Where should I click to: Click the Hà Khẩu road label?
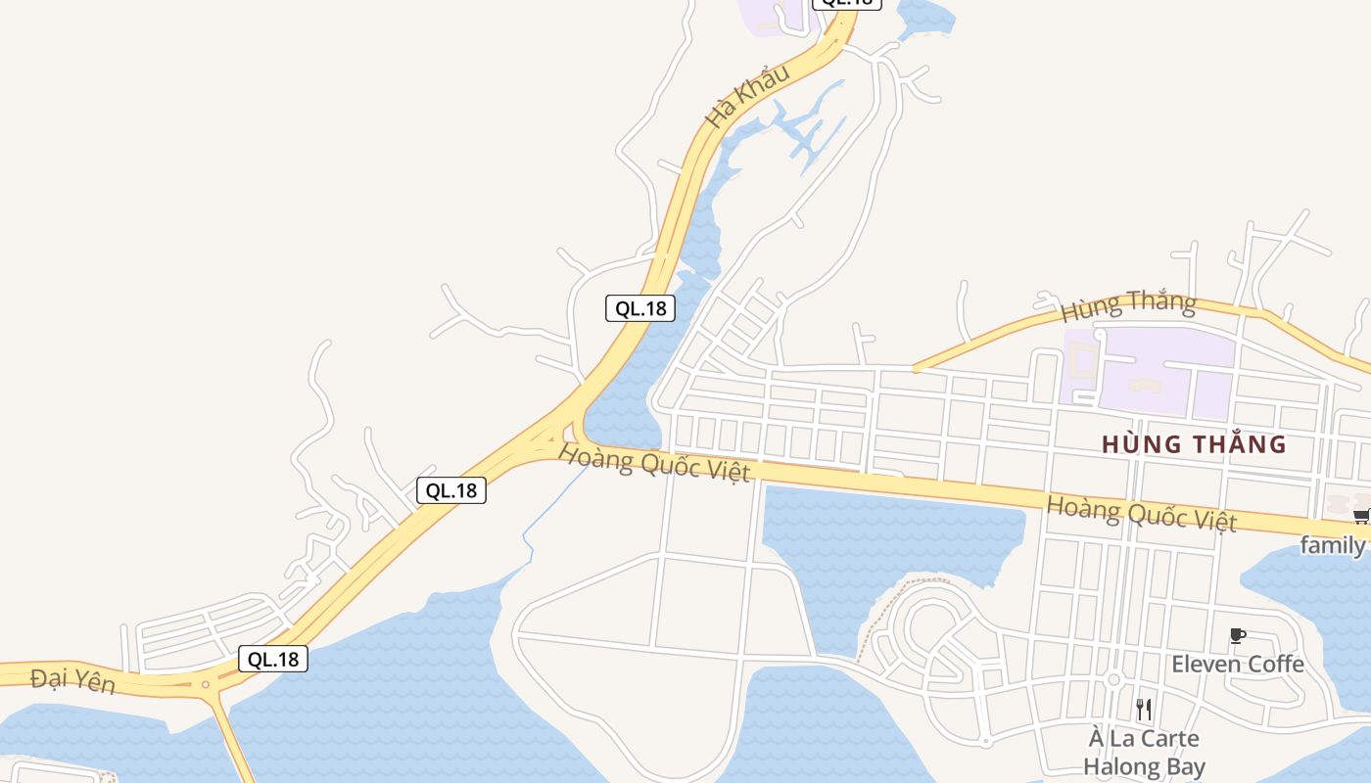[748, 96]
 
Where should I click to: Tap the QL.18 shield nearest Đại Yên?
[273, 659]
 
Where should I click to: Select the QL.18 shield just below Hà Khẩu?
[640, 308]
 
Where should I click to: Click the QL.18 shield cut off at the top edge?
[847, 3]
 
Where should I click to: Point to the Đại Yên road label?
[72, 680]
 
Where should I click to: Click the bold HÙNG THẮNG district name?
[1194, 444]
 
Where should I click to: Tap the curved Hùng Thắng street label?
[1128, 305]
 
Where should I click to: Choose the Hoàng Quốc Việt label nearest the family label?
[1141, 512]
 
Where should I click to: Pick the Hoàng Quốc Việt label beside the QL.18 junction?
[654, 462]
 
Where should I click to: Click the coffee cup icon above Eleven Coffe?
[1238, 636]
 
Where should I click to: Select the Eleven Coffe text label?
[1238, 665]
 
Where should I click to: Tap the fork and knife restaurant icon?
[1144, 709]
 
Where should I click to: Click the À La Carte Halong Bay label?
[1144, 752]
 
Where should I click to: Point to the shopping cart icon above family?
[1360, 515]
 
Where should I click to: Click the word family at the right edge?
[1333, 545]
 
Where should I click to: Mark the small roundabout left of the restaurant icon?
[1113, 679]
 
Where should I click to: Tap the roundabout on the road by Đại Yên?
[206, 684]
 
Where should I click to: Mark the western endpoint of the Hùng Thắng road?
[916, 369]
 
